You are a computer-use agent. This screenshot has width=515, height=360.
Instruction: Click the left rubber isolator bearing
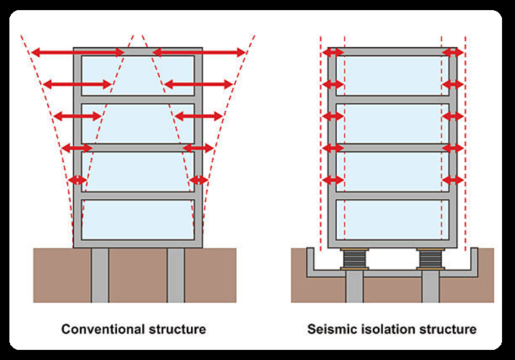354,260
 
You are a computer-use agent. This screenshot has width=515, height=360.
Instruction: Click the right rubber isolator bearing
431,260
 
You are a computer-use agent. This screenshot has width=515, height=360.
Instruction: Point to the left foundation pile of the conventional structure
100,276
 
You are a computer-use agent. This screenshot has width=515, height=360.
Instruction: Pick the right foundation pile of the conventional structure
176,276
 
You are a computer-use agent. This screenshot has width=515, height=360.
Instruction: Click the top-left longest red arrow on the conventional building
78,52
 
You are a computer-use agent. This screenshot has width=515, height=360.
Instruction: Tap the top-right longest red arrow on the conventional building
199,52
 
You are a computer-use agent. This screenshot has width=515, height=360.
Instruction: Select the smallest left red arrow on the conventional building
78,180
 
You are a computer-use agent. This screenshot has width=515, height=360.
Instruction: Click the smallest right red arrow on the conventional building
198,180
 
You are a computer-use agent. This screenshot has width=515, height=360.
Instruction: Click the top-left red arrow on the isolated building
333,53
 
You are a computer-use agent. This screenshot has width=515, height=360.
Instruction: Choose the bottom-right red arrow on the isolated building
453,180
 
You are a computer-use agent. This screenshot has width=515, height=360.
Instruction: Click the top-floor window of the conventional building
138,76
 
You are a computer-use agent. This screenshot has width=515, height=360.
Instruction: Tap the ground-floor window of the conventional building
138,219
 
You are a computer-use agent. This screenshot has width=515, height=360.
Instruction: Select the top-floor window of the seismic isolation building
392,76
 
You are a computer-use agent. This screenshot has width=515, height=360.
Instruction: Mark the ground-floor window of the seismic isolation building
392,219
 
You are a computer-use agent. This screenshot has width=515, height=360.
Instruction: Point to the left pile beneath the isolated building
354,286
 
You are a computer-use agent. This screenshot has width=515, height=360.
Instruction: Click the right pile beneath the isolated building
431,286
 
